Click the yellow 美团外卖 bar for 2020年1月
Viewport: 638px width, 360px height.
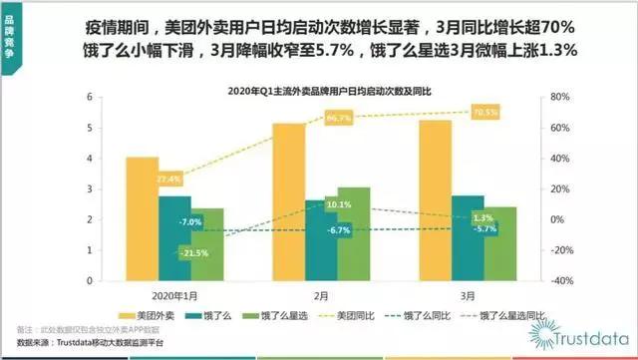[143, 218]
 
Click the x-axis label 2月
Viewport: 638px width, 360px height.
[322, 295]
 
